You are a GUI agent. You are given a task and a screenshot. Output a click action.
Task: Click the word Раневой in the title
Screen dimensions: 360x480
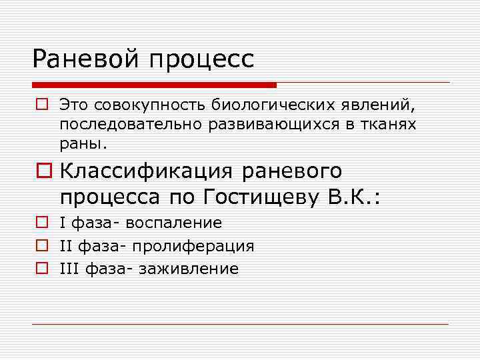coord(86,59)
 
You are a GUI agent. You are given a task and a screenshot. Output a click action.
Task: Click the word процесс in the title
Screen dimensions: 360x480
coord(202,60)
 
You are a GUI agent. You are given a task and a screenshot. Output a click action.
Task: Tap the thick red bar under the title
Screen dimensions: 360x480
coord(154,85)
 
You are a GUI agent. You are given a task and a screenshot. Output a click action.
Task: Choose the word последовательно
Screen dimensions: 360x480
coord(124,125)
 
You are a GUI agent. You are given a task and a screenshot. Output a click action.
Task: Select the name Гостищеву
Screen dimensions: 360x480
coord(267,197)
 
